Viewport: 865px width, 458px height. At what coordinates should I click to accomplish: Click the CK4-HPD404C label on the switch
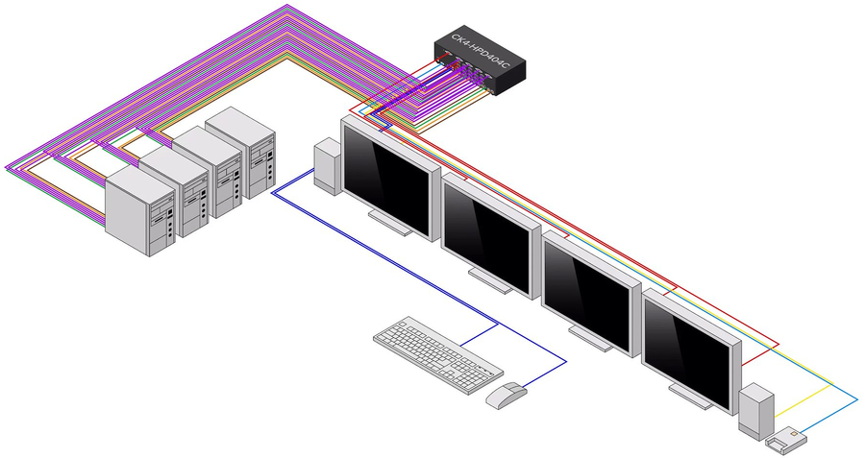[478, 55]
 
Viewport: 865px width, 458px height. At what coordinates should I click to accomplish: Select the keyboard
[437, 354]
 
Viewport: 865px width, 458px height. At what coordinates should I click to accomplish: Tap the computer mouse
[507, 394]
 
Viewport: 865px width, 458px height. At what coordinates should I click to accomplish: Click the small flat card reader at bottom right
[786, 440]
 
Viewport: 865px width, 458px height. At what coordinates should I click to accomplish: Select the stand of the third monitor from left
[592, 337]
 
